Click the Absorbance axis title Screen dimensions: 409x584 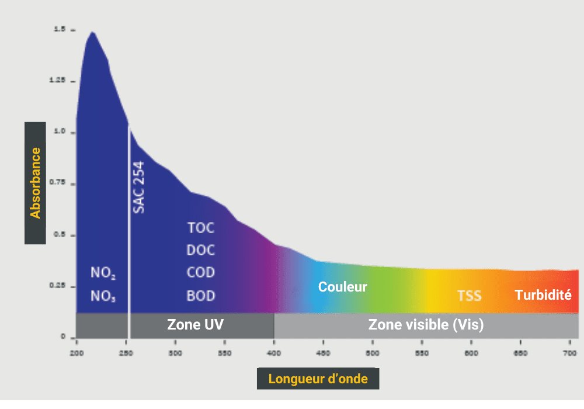36,183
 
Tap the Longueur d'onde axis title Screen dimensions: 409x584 318,379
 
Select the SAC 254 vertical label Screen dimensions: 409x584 139,186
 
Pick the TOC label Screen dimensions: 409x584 201,227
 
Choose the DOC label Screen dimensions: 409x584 201,250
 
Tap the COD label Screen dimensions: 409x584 201,273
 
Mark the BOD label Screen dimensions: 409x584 201,296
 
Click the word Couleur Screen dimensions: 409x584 342,287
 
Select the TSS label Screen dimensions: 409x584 469,295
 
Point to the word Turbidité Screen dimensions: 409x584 543,295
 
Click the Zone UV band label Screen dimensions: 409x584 195,324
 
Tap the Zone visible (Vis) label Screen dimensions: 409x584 426,324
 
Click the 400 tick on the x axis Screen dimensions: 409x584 274,353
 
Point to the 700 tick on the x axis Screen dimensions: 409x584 570,353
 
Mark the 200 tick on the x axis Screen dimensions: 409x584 76,353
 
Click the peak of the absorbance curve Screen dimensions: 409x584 92,32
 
